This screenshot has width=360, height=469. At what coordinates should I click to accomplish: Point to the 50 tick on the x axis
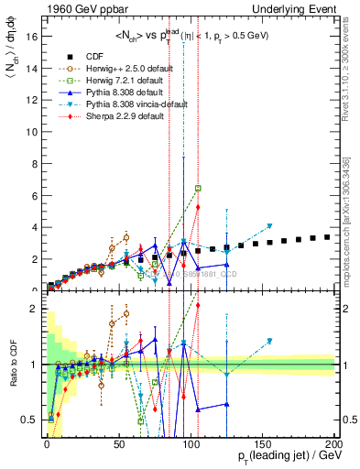[118, 444]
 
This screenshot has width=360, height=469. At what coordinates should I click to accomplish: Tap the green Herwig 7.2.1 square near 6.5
[198, 188]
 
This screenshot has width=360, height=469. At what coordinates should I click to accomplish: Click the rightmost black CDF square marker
[327, 237]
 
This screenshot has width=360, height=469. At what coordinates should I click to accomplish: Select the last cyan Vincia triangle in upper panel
[269, 225]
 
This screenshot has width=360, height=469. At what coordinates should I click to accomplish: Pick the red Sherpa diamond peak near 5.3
[198, 207]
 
